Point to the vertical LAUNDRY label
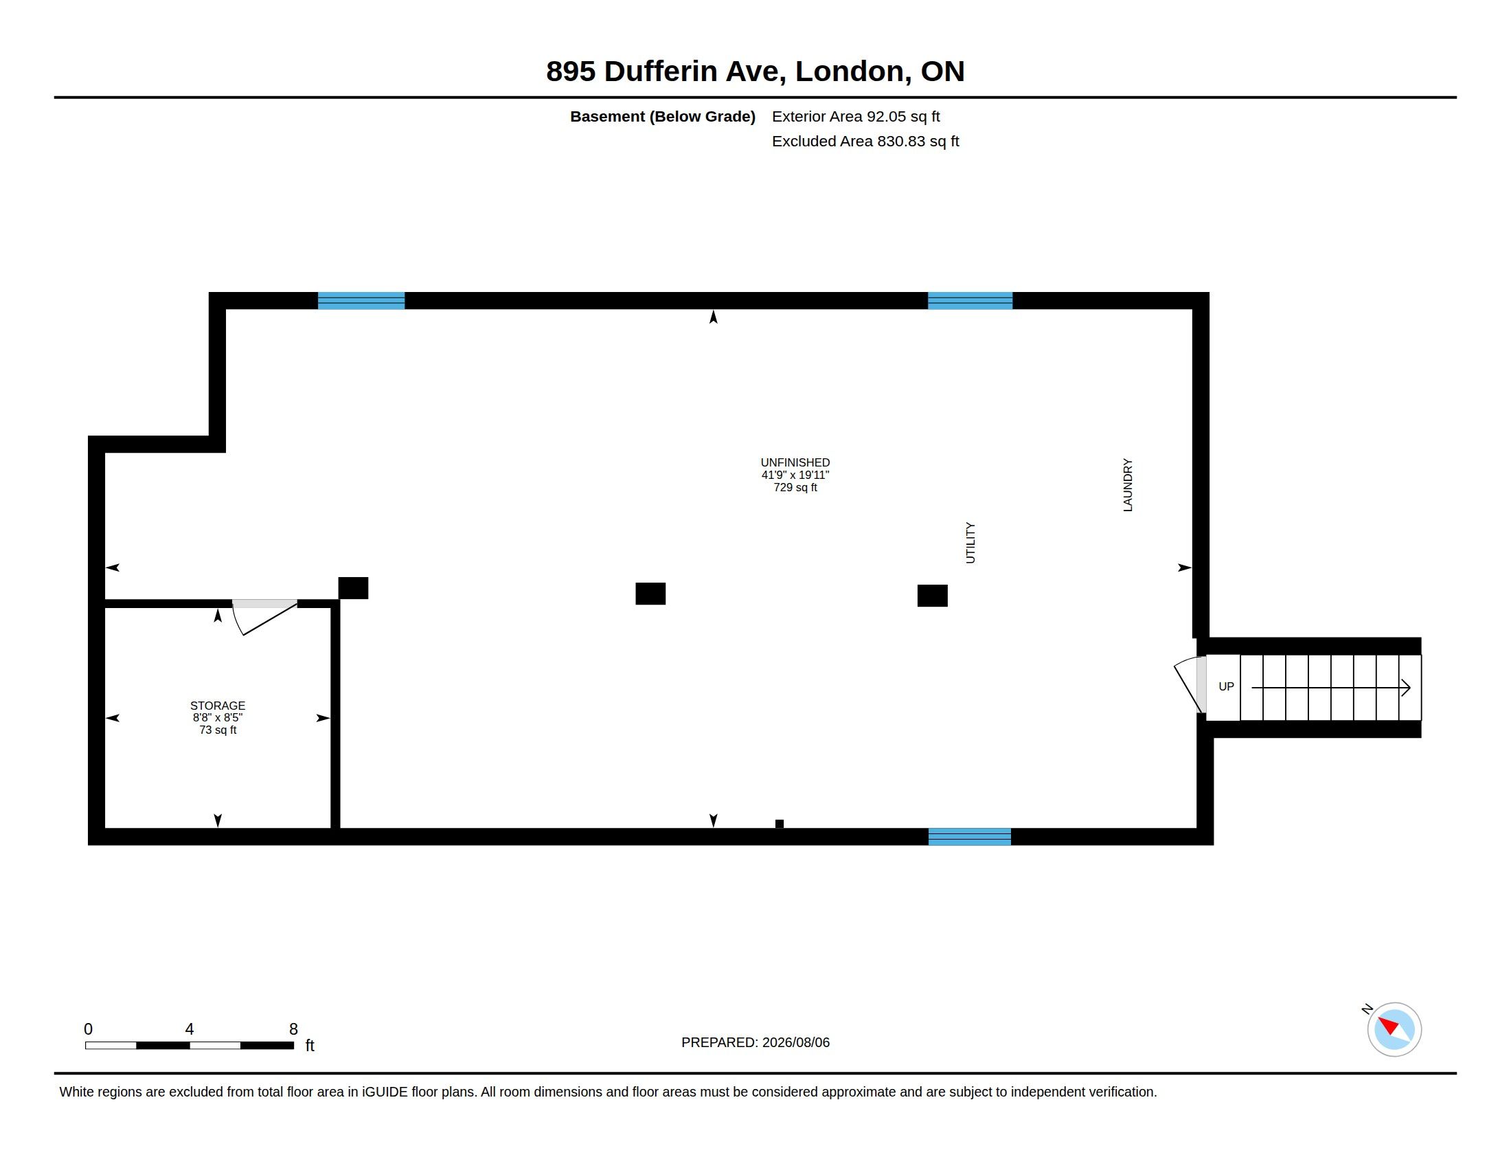(x=1128, y=485)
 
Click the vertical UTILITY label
(x=970, y=543)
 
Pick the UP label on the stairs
(x=1226, y=686)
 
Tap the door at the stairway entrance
(x=1190, y=684)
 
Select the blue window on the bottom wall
(x=969, y=837)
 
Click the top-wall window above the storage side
(x=361, y=300)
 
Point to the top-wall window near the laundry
(x=970, y=300)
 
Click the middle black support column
(x=650, y=594)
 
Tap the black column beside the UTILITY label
(x=933, y=596)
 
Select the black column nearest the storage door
(x=353, y=588)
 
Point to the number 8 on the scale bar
(x=293, y=1029)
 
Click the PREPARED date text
(x=755, y=1042)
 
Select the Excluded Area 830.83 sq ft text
(x=865, y=141)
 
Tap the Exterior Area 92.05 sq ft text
(x=856, y=116)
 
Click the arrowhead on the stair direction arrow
(x=1406, y=688)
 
